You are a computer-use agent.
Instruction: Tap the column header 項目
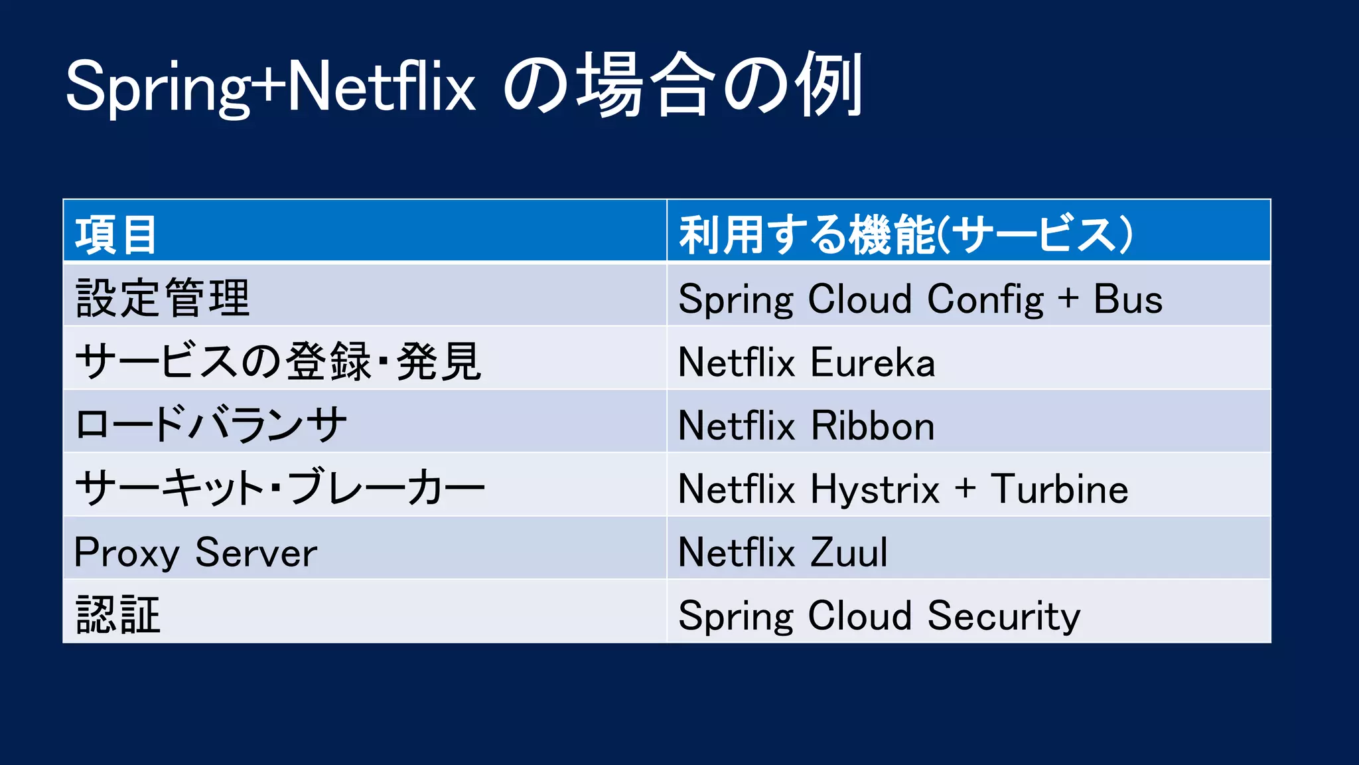[x=116, y=234]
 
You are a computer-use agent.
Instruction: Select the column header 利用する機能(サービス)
[x=905, y=234]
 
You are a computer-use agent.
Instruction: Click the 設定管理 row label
[x=163, y=298]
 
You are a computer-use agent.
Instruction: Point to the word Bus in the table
[x=1128, y=299]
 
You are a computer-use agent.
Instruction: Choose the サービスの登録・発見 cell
[x=278, y=362]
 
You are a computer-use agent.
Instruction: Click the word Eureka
[x=873, y=363]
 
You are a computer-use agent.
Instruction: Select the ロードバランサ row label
[x=211, y=425]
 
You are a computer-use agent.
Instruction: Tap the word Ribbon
[x=873, y=426]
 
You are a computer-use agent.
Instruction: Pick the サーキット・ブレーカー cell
[x=280, y=488]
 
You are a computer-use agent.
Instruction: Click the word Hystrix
[x=875, y=490]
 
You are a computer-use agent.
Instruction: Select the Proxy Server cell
[x=196, y=552]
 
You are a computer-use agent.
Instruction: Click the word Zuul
[x=849, y=552]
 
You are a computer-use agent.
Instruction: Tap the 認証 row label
[x=118, y=615]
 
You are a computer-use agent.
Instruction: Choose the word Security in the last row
[x=1004, y=616]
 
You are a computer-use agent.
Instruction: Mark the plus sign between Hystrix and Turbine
[x=966, y=489]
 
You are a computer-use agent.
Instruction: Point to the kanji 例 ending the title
[x=829, y=85]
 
